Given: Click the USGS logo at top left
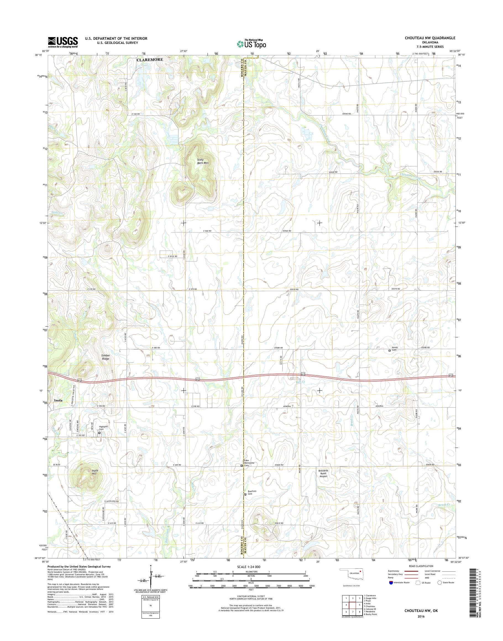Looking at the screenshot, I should pyautogui.click(x=63, y=42).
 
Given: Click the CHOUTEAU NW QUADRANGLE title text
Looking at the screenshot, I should pyautogui.click(x=432, y=38).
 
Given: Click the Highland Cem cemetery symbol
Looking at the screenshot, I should pyautogui.click(x=99, y=433).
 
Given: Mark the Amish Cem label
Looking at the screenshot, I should pyautogui.click(x=395, y=349).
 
